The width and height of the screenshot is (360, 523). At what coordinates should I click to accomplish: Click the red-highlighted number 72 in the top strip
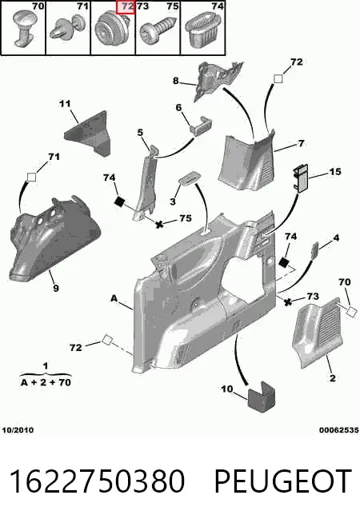(126, 7)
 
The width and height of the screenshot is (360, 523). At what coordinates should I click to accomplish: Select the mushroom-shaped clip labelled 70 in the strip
(22, 27)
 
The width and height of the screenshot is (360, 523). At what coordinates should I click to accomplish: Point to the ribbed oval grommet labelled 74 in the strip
(202, 30)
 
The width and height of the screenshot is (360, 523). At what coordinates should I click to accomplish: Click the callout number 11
(65, 104)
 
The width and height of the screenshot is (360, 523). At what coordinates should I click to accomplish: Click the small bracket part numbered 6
(202, 125)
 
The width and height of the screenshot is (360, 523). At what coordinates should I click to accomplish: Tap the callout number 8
(176, 81)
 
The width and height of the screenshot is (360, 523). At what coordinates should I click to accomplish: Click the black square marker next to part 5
(119, 202)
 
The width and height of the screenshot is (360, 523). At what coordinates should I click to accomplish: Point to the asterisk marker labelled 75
(159, 225)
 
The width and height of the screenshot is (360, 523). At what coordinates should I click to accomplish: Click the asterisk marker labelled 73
(287, 302)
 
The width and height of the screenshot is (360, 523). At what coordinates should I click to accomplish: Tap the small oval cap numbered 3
(190, 179)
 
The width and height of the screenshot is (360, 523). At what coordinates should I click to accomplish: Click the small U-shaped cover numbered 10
(261, 396)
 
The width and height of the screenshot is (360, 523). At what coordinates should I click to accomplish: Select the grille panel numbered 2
(317, 333)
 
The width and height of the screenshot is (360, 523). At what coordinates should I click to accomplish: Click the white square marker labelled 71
(31, 177)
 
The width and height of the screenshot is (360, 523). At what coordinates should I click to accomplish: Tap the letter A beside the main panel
(114, 298)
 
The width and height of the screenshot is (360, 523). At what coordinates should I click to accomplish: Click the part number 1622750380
(97, 481)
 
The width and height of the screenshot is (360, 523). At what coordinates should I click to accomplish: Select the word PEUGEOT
(283, 481)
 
